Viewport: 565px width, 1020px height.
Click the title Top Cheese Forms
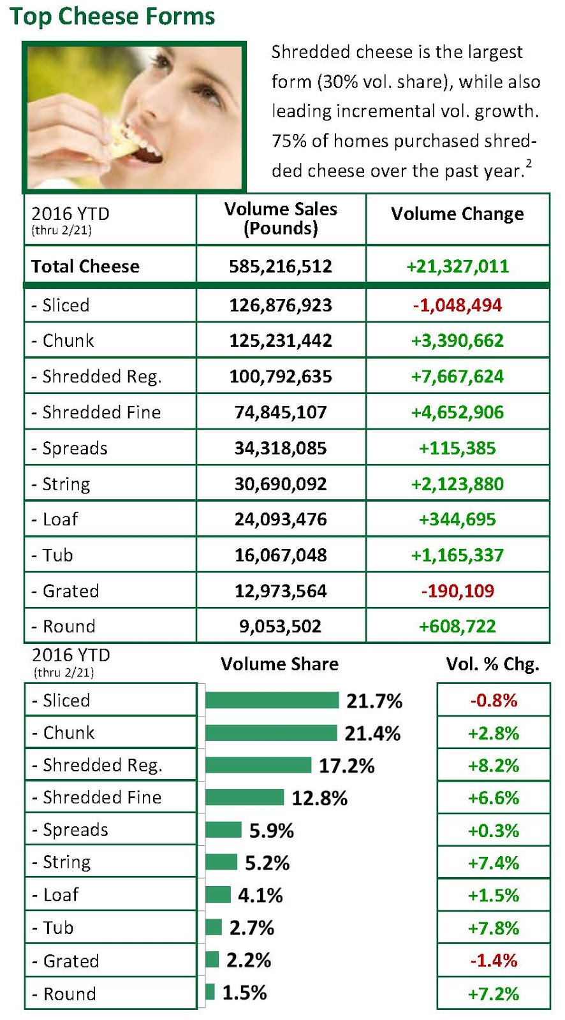[112, 16]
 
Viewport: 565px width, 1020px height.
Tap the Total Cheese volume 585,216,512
[281, 266]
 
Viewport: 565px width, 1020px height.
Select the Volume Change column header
[457, 214]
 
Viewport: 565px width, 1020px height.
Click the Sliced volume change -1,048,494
[457, 305]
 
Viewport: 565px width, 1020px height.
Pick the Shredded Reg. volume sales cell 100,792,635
[281, 377]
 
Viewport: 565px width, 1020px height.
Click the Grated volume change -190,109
[457, 591]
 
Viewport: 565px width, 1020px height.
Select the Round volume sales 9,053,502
[281, 627]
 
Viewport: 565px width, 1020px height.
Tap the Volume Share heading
[279, 664]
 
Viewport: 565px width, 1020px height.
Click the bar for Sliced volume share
[272, 701]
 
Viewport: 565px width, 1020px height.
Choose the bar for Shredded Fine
[244, 798]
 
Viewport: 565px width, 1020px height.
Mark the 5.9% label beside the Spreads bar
[271, 831]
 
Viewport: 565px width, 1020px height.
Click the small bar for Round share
[210, 992]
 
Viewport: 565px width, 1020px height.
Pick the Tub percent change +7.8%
[494, 928]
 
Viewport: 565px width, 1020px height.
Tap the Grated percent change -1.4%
[494, 961]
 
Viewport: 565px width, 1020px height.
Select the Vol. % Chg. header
[492, 664]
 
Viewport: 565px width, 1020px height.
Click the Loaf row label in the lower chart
[61, 895]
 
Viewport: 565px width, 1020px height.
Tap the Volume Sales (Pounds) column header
[281, 219]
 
